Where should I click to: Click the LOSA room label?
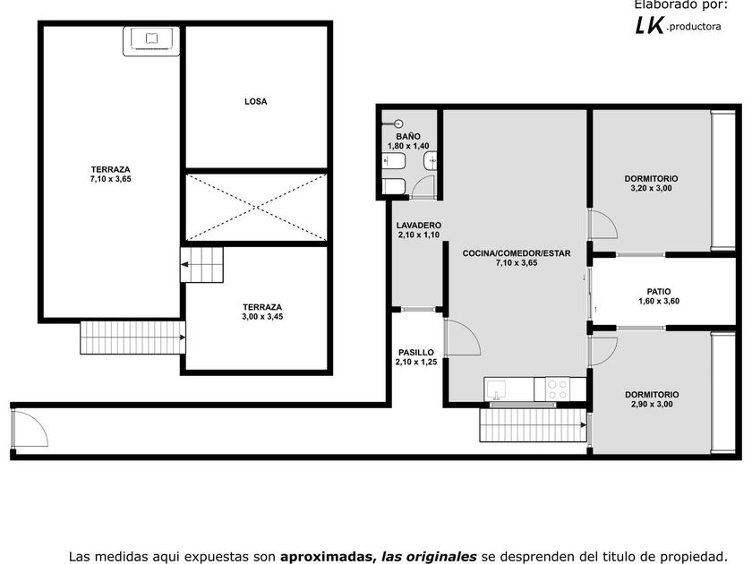coord(256,102)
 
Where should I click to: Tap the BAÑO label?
coord(408,137)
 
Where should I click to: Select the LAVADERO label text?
coord(419,226)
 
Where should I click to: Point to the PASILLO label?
coord(415,353)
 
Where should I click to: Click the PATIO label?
coord(659,292)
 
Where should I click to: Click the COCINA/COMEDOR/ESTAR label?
coord(517,253)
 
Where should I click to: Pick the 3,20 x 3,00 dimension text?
coord(651,189)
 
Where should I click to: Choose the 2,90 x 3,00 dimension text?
coord(652,405)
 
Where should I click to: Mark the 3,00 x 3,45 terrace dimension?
coord(262,317)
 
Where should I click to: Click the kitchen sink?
coord(496,389)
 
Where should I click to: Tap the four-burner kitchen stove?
coord(557,389)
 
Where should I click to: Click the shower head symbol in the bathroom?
coord(397,124)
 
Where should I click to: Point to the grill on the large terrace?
coord(151,41)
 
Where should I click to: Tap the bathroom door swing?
coord(423,186)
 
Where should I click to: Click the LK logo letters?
coord(649,25)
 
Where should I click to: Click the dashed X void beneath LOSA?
coord(257,207)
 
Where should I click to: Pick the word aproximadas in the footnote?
coord(326,557)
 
